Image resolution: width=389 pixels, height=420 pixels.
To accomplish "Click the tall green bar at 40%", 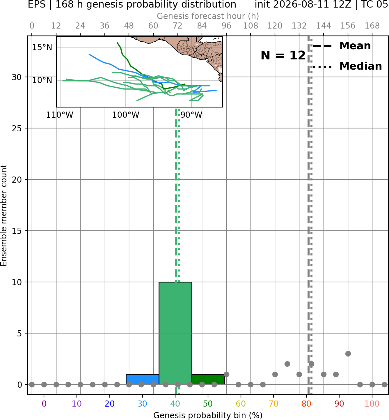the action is (x=175, y=333).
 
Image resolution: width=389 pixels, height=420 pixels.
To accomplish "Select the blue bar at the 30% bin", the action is (x=142, y=380).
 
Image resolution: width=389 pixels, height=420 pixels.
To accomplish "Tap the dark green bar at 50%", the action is (x=208, y=380).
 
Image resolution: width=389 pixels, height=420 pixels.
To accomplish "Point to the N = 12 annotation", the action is (x=283, y=55).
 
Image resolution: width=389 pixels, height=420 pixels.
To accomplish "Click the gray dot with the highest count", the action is (x=348, y=354).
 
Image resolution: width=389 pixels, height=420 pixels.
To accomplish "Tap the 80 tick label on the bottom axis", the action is (x=306, y=404).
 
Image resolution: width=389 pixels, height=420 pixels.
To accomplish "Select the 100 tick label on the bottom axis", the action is (x=372, y=404).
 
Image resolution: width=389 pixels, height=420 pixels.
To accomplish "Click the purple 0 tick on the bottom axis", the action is (x=44, y=404).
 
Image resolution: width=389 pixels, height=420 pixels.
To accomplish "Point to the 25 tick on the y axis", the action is (x=17, y=128).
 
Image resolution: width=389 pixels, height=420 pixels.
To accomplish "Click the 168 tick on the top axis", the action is (x=372, y=26).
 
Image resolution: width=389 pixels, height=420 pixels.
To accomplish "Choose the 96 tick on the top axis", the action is (x=226, y=26).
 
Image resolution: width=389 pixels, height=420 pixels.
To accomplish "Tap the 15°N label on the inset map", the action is (x=42, y=47).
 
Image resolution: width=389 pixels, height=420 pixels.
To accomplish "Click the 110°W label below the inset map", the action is (x=60, y=115).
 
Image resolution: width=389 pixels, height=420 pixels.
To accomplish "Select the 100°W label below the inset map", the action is (x=125, y=115).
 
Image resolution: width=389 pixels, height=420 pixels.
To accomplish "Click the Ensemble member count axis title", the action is (x=3, y=215).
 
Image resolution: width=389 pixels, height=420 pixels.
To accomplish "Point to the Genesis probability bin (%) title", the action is (x=208, y=415).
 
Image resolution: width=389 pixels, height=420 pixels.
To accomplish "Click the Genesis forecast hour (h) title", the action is (x=208, y=16).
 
